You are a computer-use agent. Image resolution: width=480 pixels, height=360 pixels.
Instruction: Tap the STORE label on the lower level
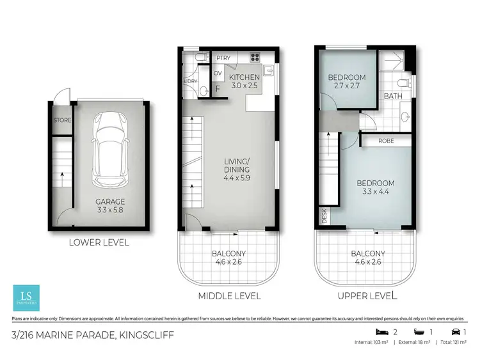point(61,120)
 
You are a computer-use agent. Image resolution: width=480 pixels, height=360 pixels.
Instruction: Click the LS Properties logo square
point(26,297)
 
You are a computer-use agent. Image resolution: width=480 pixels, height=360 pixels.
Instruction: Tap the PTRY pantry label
point(223,58)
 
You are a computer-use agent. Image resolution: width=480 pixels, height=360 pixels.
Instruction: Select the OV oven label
point(217,73)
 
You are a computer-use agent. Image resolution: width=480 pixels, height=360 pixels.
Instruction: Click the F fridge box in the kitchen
point(217,89)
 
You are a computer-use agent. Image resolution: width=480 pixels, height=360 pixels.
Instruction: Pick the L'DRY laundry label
point(190,81)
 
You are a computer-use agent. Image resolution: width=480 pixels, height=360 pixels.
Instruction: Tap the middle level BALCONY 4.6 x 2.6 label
point(228,257)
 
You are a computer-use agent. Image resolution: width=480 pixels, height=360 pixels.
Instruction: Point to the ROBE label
point(385,141)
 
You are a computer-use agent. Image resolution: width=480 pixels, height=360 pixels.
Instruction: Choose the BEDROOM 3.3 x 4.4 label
point(376,187)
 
